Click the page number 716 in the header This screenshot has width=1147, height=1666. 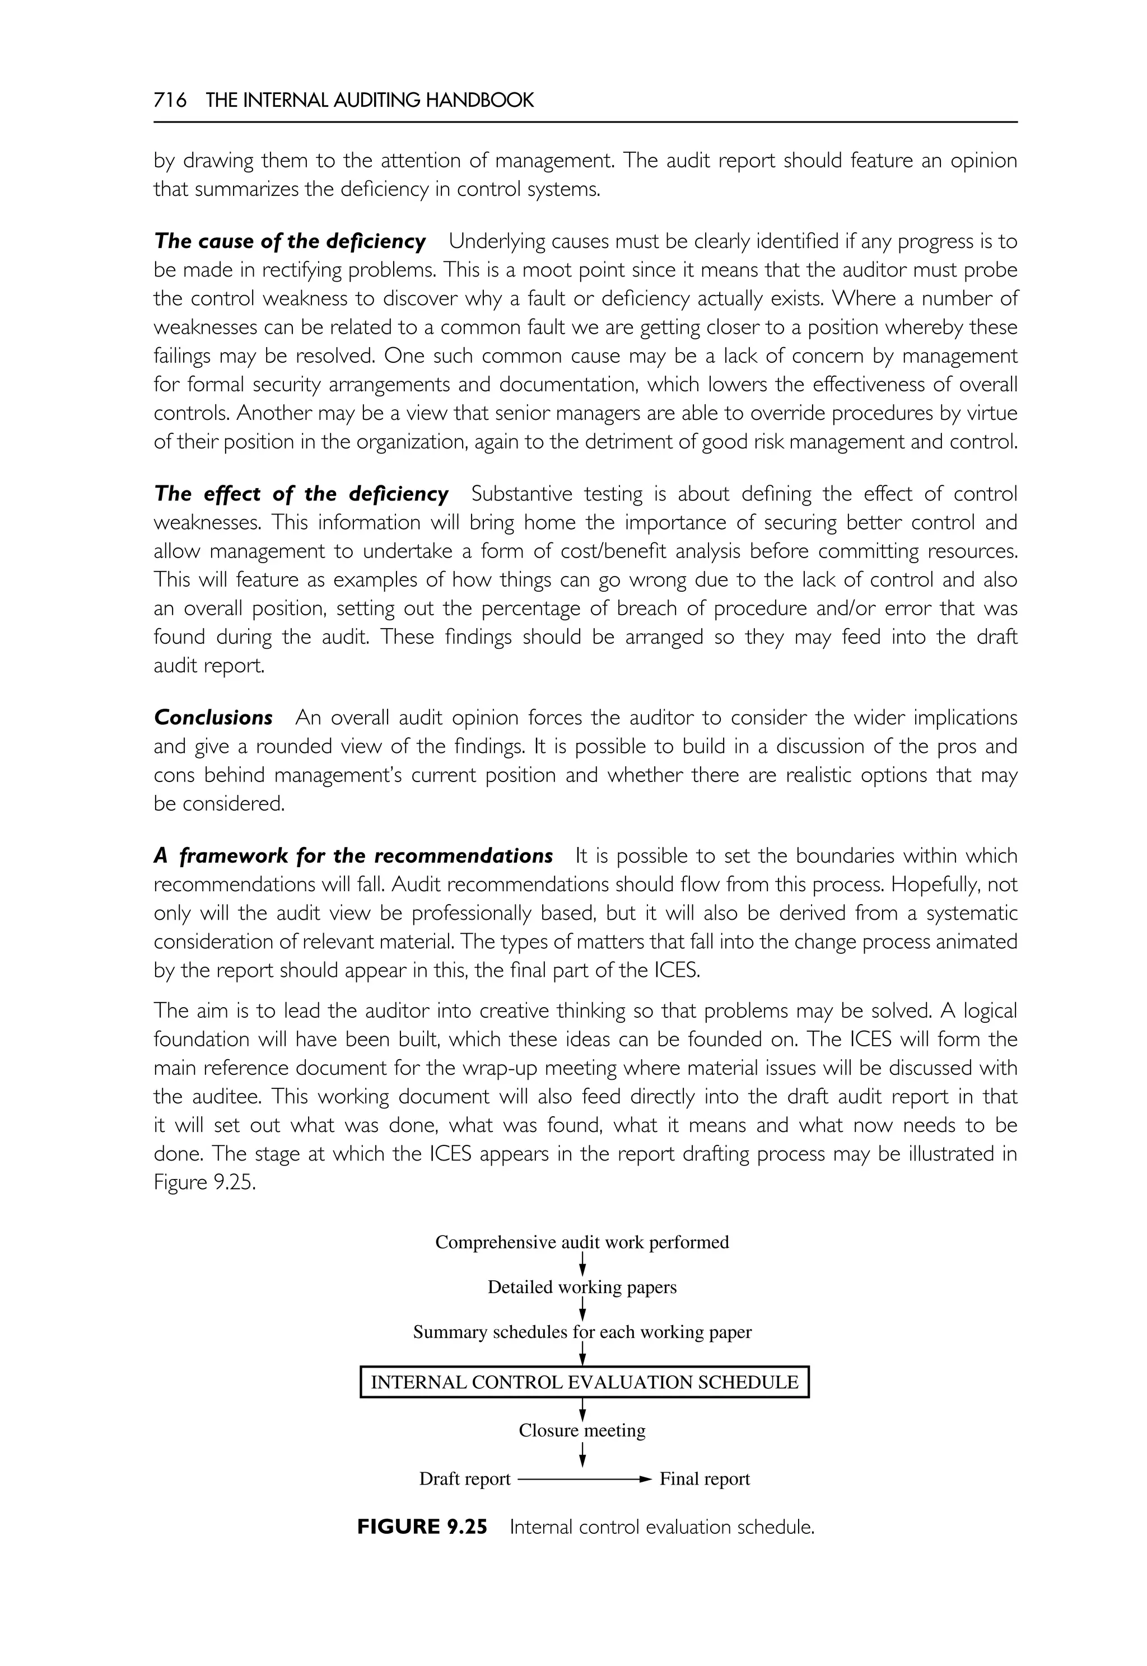pyautogui.click(x=170, y=101)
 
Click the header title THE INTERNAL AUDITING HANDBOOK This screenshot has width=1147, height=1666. pyautogui.click(x=370, y=101)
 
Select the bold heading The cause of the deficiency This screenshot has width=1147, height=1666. pyautogui.click(x=290, y=241)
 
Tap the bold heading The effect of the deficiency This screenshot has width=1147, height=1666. pyautogui.click(x=301, y=494)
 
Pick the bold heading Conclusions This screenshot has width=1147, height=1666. pyautogui.click(x=213, y=718)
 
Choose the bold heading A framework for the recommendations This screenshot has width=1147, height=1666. pyautogui.click(x=353, y=855)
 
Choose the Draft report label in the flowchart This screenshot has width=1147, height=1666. pyautogui.click(x=464, y=1478)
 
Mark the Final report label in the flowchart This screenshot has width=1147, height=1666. pyautogui.click(x=705, y=1478)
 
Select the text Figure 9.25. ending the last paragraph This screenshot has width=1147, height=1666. pyautogui.click(x=205, y=1182)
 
